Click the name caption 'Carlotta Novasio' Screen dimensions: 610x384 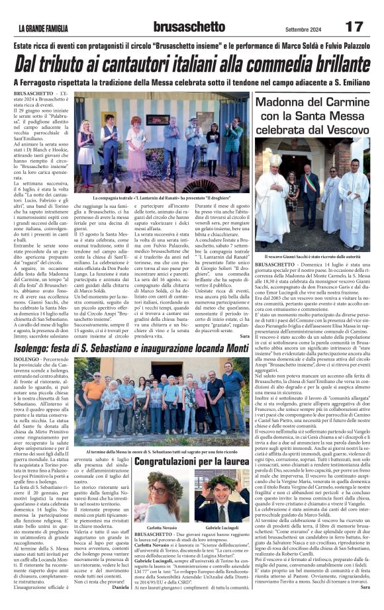(x=161, y=525)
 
